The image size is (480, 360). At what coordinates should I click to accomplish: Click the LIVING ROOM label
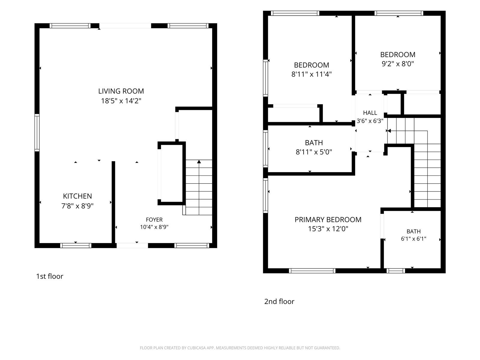[x=121, y=91]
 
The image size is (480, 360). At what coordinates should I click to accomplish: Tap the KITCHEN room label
[x=77, y=196]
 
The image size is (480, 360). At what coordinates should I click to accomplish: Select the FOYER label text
[x=154, y=220]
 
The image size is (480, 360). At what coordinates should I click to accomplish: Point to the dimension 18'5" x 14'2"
[x=121, y=101]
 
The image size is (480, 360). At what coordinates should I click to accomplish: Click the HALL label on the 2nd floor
[x=370, y=113]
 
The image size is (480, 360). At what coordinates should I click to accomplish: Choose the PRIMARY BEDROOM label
[x=328, y=220]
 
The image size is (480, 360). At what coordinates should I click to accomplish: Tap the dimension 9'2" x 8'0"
[x=398, y=64]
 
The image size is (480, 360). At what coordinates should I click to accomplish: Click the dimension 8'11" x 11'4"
[x=311, y=74]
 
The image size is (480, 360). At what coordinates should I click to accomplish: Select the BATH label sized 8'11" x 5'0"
[x=314, y=143]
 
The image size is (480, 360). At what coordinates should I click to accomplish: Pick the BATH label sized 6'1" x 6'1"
[x=413, y=232]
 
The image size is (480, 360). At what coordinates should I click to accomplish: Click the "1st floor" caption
[x=49, y=276]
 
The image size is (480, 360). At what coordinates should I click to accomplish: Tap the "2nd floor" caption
[x=279, y=301]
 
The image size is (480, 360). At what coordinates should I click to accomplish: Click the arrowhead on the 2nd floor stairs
[x=388, y=131]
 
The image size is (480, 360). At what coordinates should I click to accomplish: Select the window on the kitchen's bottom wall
[x=76, y=245]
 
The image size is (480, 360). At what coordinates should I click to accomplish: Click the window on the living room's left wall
[x=37, y=133]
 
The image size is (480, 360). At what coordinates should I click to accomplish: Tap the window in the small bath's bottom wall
[x=396, y=271]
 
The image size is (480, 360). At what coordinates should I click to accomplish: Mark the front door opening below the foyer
[x=132, y=245]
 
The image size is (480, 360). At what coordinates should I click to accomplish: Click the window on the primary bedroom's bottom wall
[x=312, y=271]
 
